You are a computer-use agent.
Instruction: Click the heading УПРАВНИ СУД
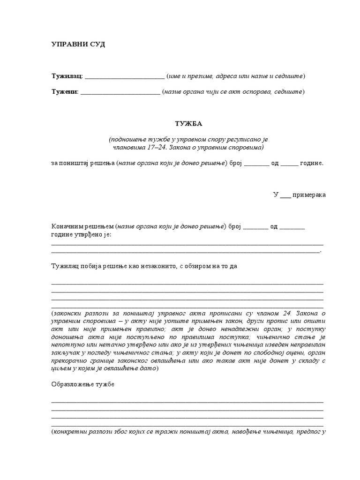pyautogui.click(x=78, y=45)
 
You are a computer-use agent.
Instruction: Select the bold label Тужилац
pyautogui.click(x=66, y=76)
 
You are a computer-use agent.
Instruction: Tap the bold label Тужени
pyautogui.click(x=64, y=92)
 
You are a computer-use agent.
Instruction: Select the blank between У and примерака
pyautogui.click(x=285, y=195)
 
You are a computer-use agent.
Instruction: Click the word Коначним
pyautogui.click(x=66, y=226)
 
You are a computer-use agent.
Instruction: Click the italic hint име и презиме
pyautogui.click(x=191, y=76)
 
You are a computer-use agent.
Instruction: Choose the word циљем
pyautogui.click(x=60, y=368)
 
